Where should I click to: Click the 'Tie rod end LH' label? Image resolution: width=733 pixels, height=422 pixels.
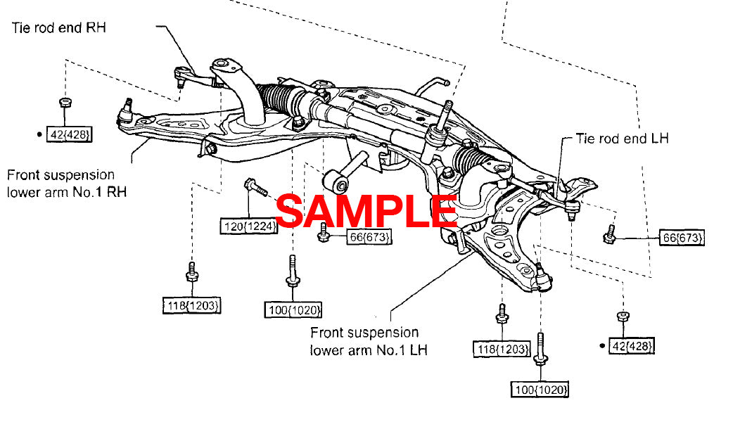click(x=622, y=139)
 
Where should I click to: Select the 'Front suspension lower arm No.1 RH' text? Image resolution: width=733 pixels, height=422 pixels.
click(x=60, y=183)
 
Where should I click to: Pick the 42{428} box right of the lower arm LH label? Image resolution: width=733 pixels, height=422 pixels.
click(x=632, y=345)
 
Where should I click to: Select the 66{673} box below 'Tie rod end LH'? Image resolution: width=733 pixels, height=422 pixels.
click(x=682, y=238)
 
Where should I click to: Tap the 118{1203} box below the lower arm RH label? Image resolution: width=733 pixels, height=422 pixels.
click(x=192, y=306)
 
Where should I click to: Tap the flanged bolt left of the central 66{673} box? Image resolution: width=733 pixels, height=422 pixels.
click(x=324, y=233)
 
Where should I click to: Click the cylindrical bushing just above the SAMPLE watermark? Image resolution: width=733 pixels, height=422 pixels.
click(x=340, y=183)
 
